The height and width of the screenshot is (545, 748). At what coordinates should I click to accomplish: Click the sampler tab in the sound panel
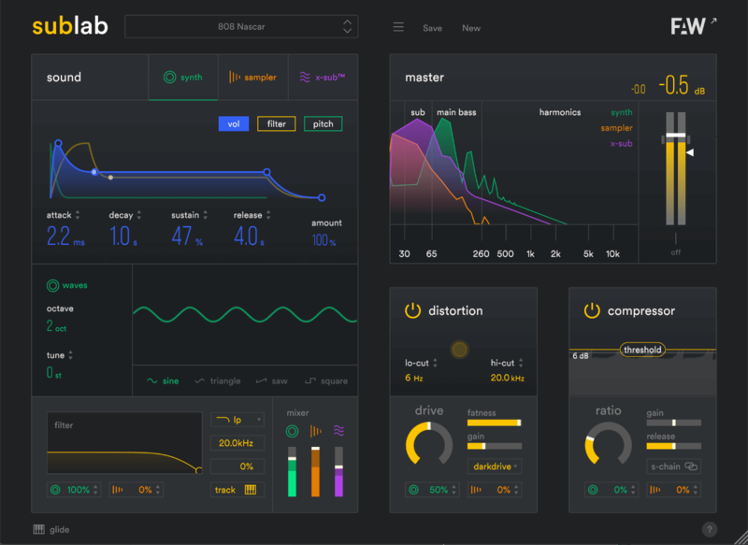tap(253, 78)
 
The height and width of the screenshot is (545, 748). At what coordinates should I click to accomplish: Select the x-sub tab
tap(323, 78)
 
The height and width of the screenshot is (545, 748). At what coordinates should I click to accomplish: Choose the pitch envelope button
tap(323, 124)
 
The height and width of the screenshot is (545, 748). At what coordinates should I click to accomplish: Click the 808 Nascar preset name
tap(240, 27)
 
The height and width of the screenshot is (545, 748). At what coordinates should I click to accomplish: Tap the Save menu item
tap(432, 28)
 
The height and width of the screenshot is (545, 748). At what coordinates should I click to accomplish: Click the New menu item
tap(471, 28)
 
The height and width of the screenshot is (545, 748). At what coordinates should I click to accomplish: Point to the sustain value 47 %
tap(183, 237)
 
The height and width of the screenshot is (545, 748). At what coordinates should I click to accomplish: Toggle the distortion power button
tap(412, 310)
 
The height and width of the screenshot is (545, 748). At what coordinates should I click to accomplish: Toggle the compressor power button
tap(592, 310)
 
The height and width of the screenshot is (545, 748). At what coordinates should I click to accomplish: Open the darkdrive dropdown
tap(494, 465)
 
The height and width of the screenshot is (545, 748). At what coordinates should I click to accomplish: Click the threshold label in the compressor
tap(642, 350)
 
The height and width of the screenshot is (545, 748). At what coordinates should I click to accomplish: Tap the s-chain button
tap(673, 466)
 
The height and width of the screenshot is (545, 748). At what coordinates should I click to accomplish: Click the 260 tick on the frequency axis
tap(481, 253)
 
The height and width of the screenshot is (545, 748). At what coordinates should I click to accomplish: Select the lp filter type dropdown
tap(237, 421)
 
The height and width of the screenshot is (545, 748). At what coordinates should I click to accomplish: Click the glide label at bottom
tap(59, 529)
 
